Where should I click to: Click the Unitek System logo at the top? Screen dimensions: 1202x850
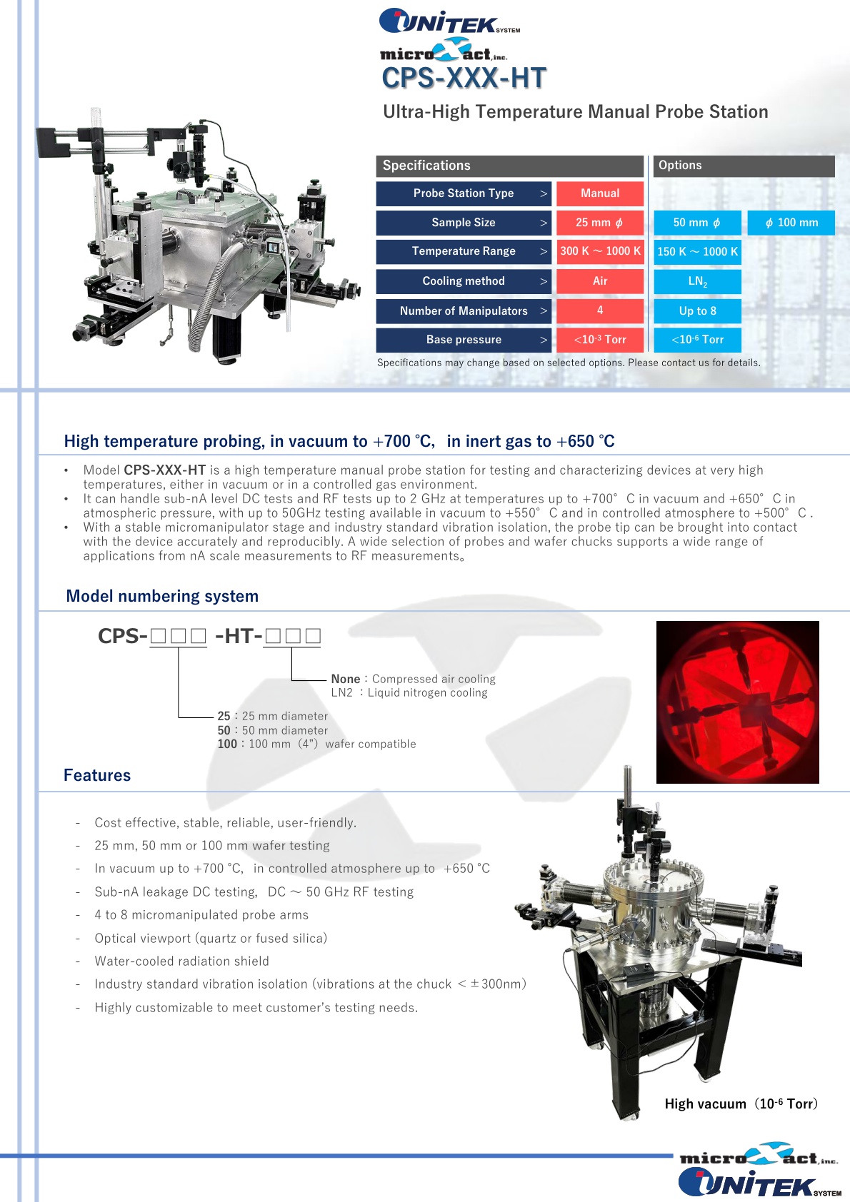click(449, 21)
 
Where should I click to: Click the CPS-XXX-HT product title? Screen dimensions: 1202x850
click(464, 79)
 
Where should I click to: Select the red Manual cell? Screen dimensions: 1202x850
click(600, 193)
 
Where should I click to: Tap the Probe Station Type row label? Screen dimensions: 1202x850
click(463, 193)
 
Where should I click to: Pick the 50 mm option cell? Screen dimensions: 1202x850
click(697, 223)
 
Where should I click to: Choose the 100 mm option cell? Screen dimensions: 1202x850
click(791, 223)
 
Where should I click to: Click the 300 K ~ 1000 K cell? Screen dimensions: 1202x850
click(600, 251)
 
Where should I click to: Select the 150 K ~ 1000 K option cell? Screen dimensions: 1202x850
click(697, 252)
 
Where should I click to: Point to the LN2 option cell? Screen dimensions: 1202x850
click(697, 281)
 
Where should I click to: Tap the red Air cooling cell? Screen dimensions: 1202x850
click(600, 281)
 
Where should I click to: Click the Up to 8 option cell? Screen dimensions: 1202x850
click(697, 311)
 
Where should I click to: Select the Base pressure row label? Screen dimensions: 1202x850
click(463, 340)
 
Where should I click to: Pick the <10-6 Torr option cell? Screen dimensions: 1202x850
click(697, 340)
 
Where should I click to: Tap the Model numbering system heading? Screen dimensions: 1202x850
click(162, 596)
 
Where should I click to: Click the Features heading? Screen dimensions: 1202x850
click(97, 775)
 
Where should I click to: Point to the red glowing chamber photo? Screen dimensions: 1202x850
click(737, 702)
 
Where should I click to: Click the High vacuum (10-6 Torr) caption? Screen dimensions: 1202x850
click(741, 1104)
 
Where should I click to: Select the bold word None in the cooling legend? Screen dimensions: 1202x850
click(346, 679)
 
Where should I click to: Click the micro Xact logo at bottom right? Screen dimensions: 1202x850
click(758, 1154)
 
